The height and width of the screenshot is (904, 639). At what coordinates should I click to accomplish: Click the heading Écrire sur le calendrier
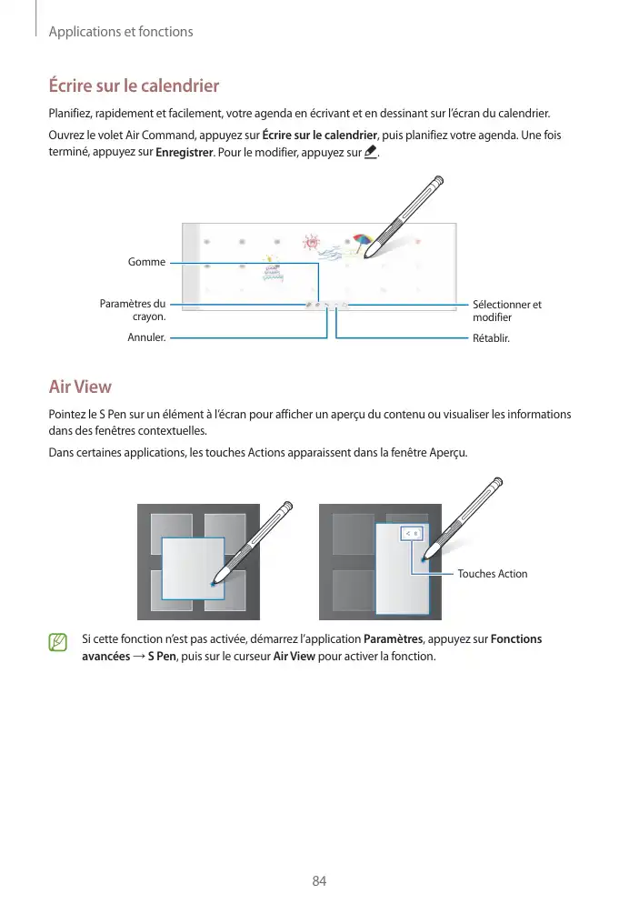pos(134,87)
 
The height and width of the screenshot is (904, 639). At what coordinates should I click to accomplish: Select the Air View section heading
pos(80,387)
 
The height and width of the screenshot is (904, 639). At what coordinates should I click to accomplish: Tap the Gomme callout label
pos(147,262)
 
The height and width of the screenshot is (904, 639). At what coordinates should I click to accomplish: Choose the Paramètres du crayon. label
pos(133,310)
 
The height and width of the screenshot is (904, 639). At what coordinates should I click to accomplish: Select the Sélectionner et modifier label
pos(507,310)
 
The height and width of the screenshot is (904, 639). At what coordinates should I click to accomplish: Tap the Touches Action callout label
pos(492,574)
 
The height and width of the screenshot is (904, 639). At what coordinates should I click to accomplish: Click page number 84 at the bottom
pos(319,880)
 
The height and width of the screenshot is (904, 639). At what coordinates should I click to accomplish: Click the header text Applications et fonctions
pos(121,32)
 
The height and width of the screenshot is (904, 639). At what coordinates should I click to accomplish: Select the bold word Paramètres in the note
pos(394,639)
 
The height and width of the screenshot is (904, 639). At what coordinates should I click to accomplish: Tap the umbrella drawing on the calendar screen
pos(363,241)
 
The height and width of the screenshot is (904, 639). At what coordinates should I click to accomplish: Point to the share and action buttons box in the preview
pos(412,533)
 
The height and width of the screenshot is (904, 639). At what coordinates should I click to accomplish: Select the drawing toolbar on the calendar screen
pos(327,305)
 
